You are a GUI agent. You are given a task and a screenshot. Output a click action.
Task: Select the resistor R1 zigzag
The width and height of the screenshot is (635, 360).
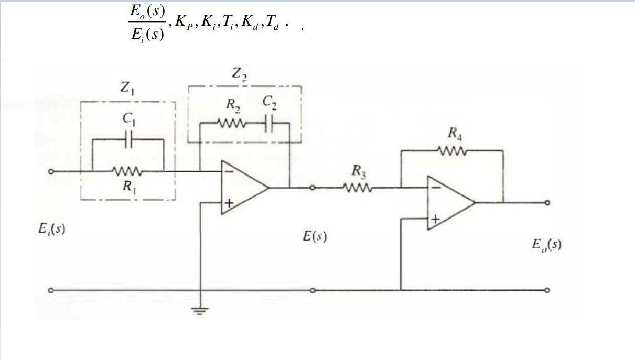click(x=126, y=171)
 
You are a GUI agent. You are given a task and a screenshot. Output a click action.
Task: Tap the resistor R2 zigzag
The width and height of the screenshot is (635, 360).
click(x=232, y=124)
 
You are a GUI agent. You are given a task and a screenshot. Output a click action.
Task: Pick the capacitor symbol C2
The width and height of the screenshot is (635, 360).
click(x=269, y=124)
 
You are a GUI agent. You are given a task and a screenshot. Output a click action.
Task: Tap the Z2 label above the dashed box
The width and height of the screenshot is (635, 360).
click(x=240, y=74)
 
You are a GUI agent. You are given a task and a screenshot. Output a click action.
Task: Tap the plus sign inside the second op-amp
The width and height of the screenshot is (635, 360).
click(x=435, y=219)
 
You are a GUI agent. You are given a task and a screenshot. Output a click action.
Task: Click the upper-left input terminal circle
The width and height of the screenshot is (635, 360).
click(x=51, y=171)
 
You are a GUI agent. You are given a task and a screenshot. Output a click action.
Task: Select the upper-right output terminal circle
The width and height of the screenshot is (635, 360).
click(x=547, y=203)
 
